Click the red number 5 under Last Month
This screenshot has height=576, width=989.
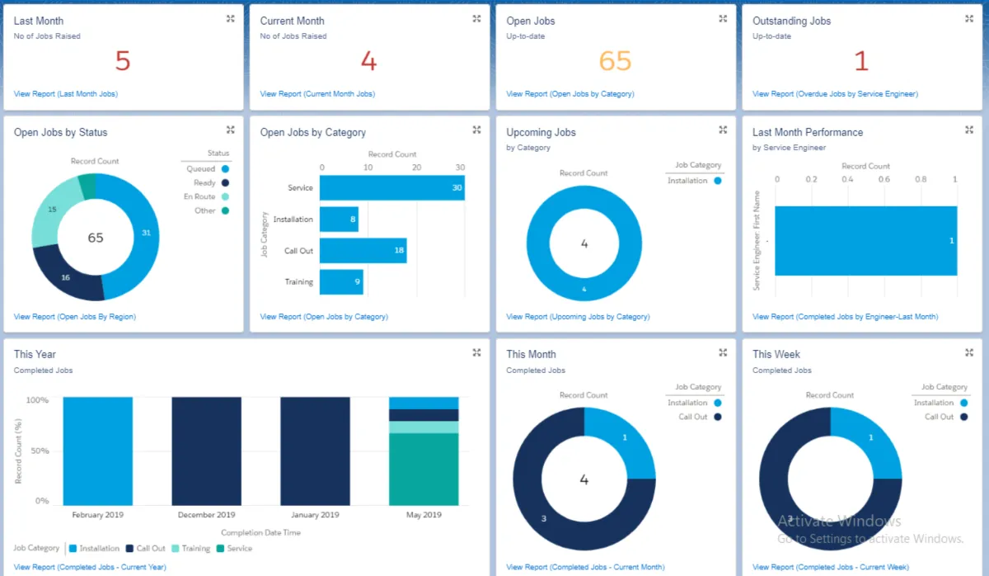pos(123,62)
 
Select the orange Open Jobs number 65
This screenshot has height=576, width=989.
pos(615,62)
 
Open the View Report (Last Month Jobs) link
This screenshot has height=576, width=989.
pos(66,94)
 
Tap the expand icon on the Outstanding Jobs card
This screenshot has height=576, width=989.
pos(968,18)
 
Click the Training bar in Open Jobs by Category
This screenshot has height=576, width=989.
pos(341,282)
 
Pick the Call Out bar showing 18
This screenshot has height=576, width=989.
pos(363,251)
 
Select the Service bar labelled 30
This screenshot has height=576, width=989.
pos(392,188)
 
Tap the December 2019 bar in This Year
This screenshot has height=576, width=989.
pos(207,451)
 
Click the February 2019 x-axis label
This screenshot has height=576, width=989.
pos(98,515)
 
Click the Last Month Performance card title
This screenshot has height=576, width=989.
pos(807,132)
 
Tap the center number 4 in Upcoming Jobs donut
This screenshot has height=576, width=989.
pos(584,244)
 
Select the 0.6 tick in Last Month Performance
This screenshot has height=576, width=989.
pos(884,179)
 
